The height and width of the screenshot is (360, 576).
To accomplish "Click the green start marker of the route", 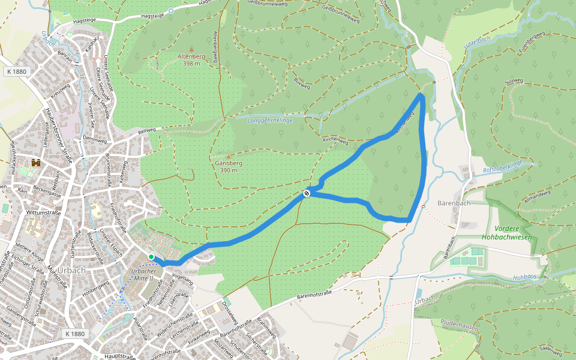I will pyautogui.click(x=151, y=257).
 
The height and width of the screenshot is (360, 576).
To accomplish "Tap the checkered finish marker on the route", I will pyautogui.click(x=307, y=193).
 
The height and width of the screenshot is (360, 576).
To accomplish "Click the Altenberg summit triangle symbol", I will pyautogui.click(x=191, y=49).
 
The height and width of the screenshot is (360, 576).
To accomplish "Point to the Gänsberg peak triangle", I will pyautogui.click(x=227, y=156).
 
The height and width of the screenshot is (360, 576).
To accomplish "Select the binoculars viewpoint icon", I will pyautogui.click(x=36, y=163).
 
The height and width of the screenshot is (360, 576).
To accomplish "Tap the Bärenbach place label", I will pyautogui.click(x=454, y=203).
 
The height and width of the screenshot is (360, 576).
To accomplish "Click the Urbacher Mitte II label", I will pyautogui.click(x=143, y=275).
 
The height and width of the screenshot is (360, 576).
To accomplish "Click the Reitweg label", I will pyautogui.click(x=146, y=130).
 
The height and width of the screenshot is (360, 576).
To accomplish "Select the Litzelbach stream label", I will pyautogui.click(x=478, y=41).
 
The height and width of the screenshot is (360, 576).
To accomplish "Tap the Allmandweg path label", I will pyautogui.click(x=537, y=196).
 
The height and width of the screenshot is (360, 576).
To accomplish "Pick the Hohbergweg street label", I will pyautogui.click(x=95, y=287).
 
